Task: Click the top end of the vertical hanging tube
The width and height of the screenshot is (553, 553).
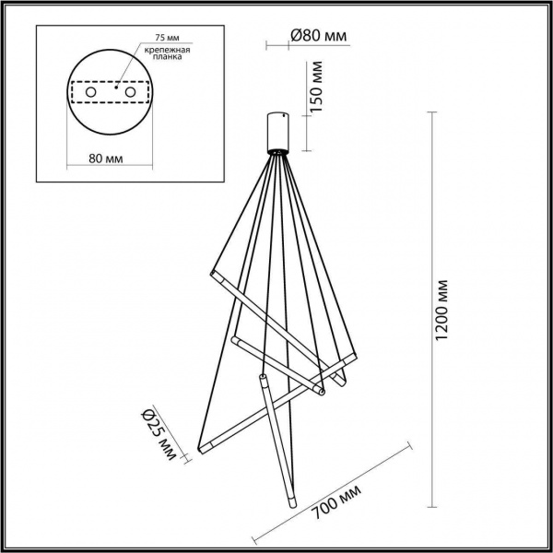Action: click(263, 377)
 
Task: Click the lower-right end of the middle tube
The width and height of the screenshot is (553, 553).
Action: click(323, 394)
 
